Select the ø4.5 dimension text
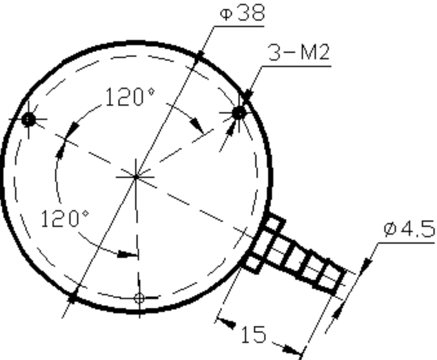pos(409,228)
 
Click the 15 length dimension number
pos(253,334)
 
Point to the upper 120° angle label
pos(130,97)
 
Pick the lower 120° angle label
pos(65,218)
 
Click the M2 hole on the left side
pos(28,119)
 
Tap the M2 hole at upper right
pos(239,113)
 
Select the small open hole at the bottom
pos(139,298)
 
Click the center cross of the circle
pos(136,177)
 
